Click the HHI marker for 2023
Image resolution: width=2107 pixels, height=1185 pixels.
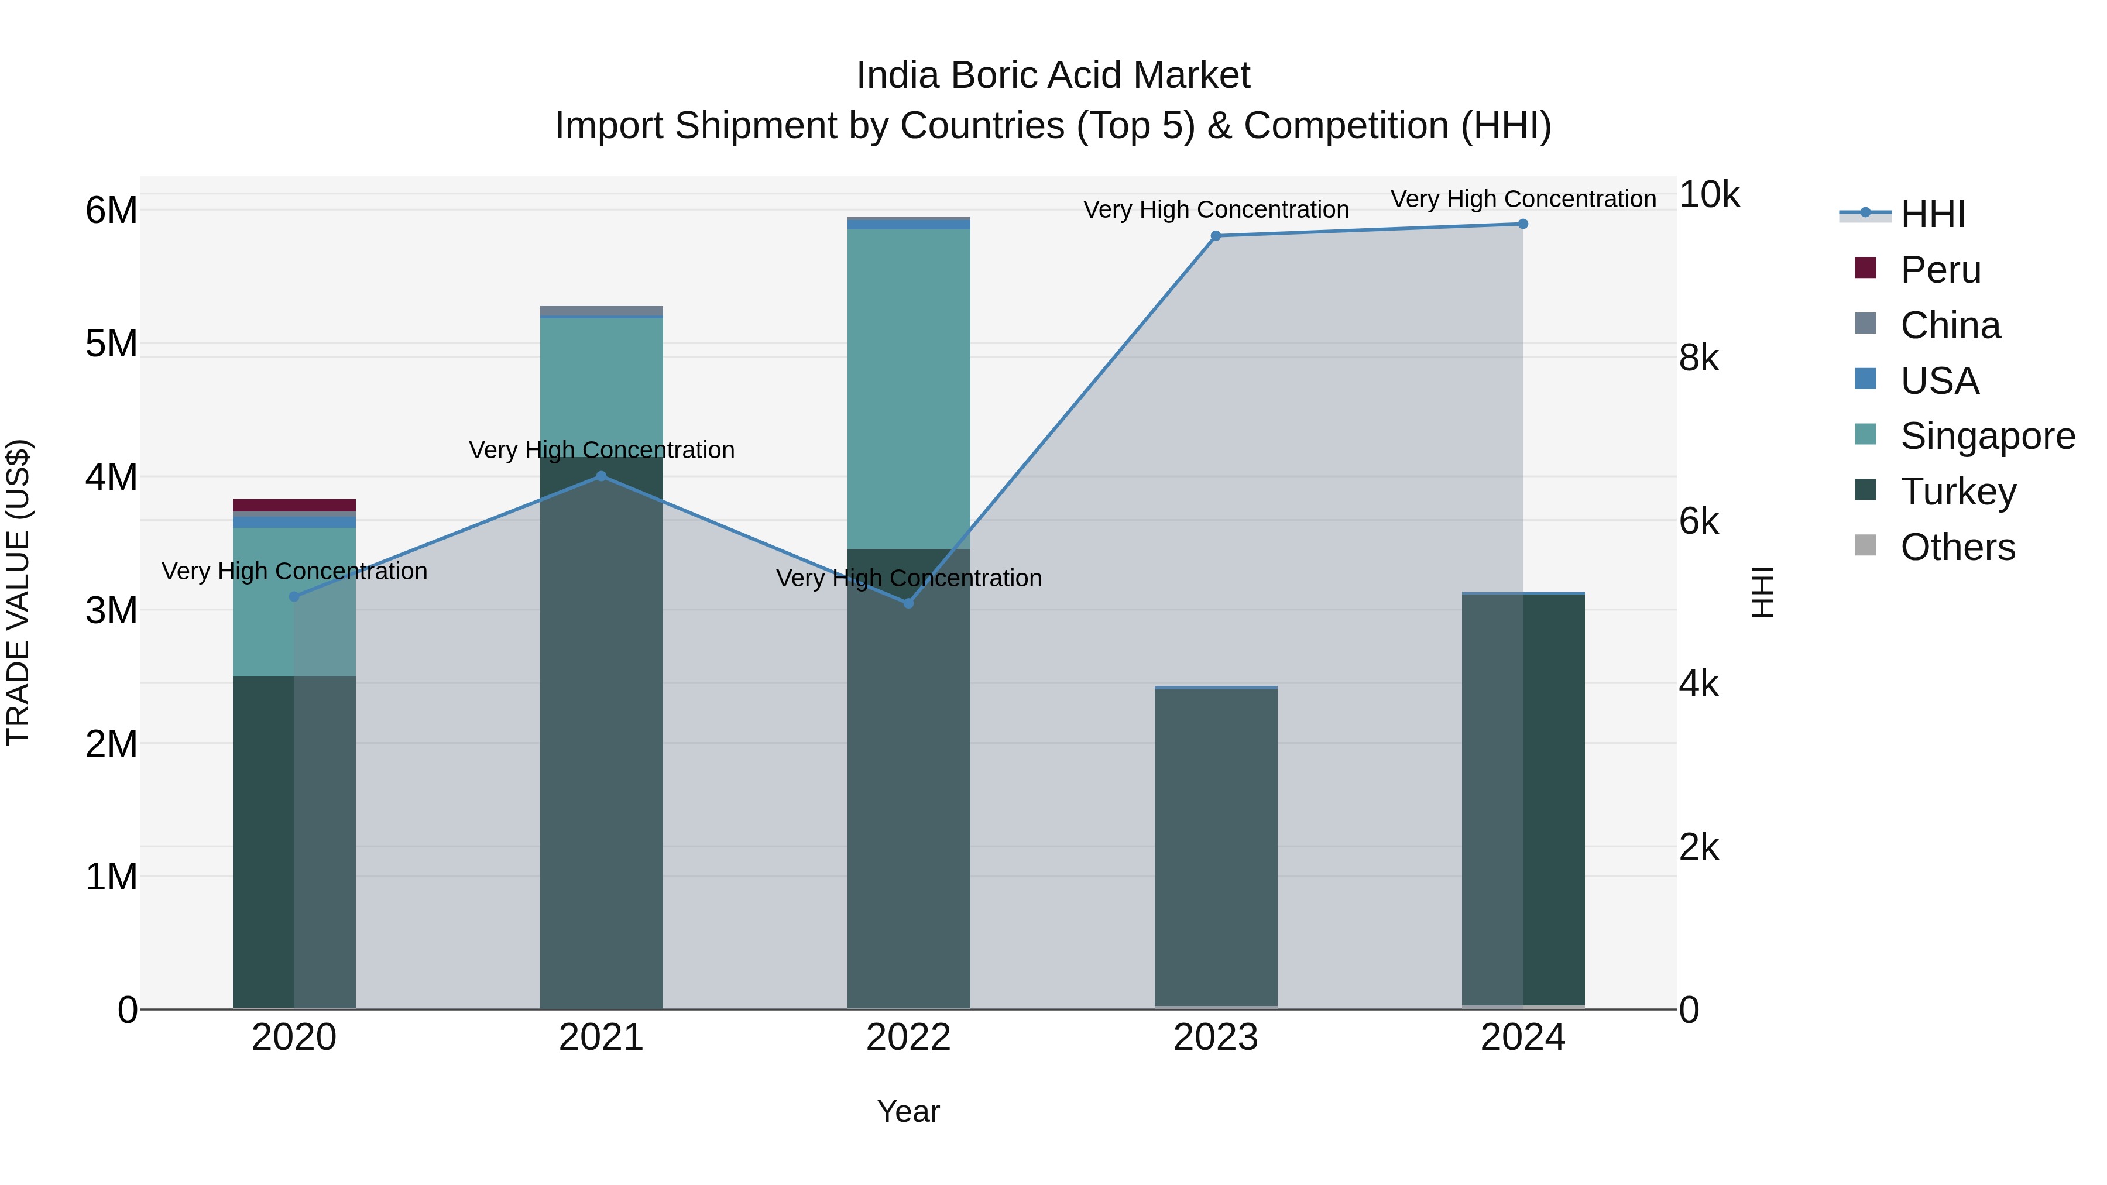click(x=1216, y=235)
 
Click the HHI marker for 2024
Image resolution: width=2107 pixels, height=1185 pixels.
click(x=1522, y=224)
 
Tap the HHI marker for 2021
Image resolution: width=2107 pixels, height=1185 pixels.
click(x=601, y=476)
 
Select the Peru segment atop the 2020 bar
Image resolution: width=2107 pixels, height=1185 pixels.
click(x=294, y=504)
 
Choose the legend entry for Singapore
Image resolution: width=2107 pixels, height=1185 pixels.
click(x=1987, y=436)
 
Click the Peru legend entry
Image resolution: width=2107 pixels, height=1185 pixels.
click(x=1940, y=270)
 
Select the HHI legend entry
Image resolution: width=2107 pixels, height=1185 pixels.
click(x=1932, y=214)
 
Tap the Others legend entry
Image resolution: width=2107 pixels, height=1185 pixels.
click(x=1957, y=547)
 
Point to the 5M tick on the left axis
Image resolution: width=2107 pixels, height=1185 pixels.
click(x=111, y=344)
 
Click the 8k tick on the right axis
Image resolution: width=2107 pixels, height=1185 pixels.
click(x=1699, y=358)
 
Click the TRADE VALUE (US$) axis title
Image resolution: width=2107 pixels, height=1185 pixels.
click(x=18, y=592)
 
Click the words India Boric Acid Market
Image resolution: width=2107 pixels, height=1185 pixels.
click(x=1053, y=75)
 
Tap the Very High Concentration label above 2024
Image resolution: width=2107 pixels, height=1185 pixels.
click(x=1522, y=199)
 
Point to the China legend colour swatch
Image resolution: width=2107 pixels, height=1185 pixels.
click(x=1866, y=323)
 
